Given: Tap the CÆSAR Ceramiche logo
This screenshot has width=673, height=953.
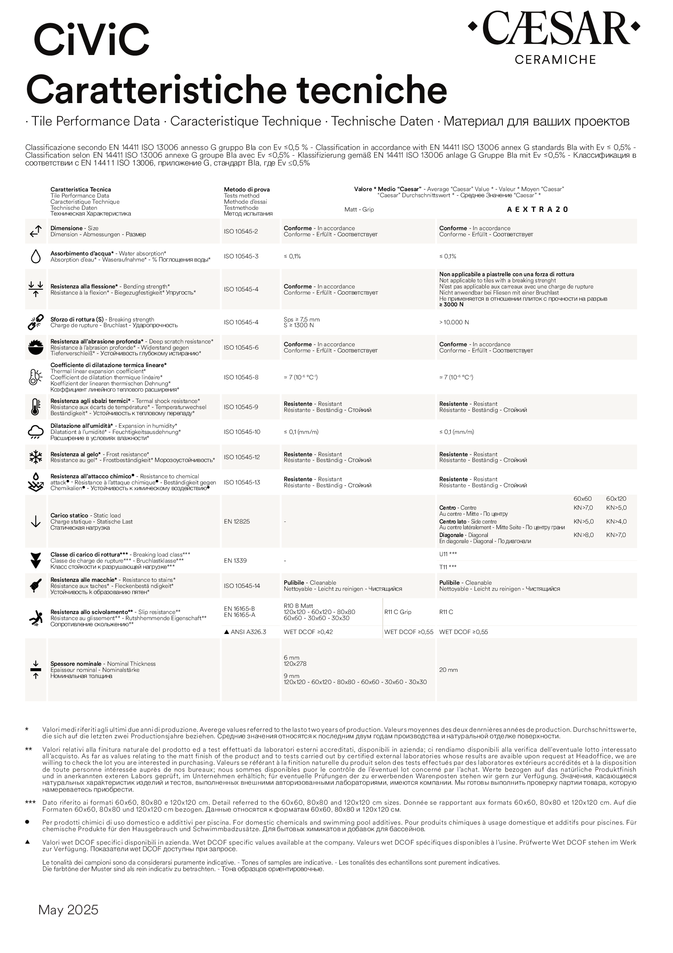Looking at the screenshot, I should (x=554, y=37).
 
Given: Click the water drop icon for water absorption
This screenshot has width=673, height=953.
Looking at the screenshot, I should (x=36, y=257).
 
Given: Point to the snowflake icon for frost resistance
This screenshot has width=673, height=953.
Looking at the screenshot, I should (x=36, y=457).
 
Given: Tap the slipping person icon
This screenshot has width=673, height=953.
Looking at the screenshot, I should (x=36, y=618).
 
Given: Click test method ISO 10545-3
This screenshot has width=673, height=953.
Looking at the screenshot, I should (x=241, y=257).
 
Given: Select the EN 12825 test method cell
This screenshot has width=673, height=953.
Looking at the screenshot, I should (x=237, y=522).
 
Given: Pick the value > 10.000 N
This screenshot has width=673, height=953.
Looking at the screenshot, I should (x=454, y=323).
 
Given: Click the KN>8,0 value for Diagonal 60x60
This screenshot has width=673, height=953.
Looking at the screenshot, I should (x=583, y=535).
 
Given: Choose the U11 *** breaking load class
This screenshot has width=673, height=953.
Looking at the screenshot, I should (x=448, y=554).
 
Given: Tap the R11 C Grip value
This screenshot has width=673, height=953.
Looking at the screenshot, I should (x=398, y=612).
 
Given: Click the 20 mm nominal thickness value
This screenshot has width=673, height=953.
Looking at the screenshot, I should (x=448, y=670).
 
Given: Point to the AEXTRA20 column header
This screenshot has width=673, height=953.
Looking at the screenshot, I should (x=537, y=209).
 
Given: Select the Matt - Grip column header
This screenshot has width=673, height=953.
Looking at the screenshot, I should (x=359, y=209).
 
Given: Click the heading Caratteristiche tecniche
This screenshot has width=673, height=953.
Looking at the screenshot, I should (x=237, y=90).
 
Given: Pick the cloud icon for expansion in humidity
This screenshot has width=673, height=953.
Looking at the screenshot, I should (x=36, y=431).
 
